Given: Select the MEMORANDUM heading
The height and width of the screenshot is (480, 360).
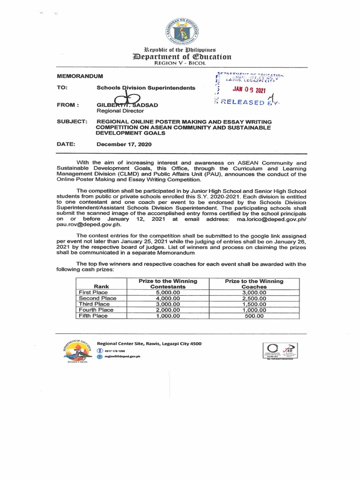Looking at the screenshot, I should [79, 76].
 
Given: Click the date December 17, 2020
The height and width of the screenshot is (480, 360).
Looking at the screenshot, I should [124, 144].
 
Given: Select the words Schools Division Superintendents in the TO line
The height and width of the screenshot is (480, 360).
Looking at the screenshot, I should [145, 88].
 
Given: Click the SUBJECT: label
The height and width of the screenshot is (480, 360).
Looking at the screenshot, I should [72, 122].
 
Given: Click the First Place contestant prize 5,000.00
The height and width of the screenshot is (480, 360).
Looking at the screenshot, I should [167, 292].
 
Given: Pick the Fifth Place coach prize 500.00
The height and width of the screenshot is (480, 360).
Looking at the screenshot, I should [254, 316].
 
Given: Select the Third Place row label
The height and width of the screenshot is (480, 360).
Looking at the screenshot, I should [94, 304].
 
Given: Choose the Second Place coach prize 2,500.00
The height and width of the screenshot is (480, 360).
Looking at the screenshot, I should [254, 298].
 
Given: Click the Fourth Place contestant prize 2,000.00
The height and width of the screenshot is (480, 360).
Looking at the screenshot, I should [167, 310].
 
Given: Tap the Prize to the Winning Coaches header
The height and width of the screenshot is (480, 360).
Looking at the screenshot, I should [254, 284].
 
